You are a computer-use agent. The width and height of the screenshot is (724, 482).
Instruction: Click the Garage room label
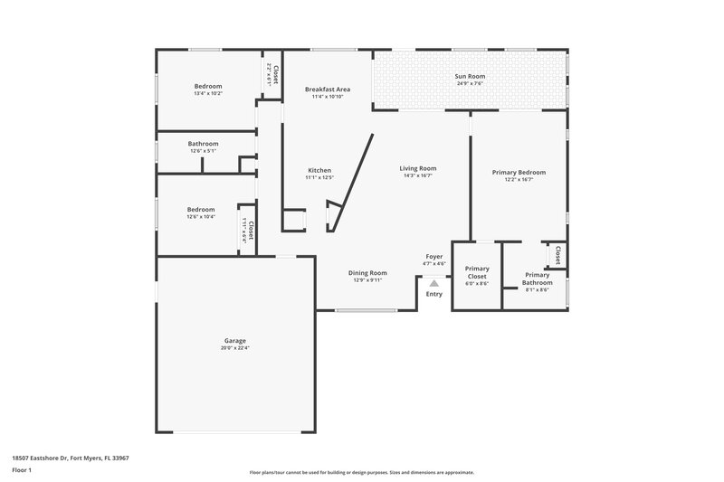234,341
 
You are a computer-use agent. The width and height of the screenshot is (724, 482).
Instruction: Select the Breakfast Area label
328,90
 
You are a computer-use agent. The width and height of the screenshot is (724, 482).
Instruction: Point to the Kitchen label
319,170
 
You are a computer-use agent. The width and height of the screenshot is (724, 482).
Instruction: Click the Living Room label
418,168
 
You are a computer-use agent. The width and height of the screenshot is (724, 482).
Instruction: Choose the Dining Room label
368,272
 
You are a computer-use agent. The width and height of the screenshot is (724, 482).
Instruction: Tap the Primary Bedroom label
519,172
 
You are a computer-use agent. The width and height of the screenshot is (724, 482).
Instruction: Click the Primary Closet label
477,272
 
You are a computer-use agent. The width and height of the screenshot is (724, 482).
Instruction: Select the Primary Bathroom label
538,279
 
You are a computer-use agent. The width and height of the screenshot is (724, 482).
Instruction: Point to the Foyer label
434,257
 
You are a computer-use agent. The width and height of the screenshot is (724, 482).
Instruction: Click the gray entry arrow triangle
434,283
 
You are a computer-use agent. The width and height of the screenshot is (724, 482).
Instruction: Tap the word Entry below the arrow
434,294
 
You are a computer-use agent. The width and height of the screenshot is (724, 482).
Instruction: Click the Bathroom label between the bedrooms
203,144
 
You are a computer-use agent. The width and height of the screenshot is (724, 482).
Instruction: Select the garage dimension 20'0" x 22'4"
234,348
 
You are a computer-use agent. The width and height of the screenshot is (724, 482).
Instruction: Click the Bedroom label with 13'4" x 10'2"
208,86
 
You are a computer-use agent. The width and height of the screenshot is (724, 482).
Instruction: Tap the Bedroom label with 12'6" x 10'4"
201,210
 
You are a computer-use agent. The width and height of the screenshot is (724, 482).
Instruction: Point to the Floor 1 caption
22,471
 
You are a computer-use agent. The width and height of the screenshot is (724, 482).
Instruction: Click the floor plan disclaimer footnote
362,472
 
